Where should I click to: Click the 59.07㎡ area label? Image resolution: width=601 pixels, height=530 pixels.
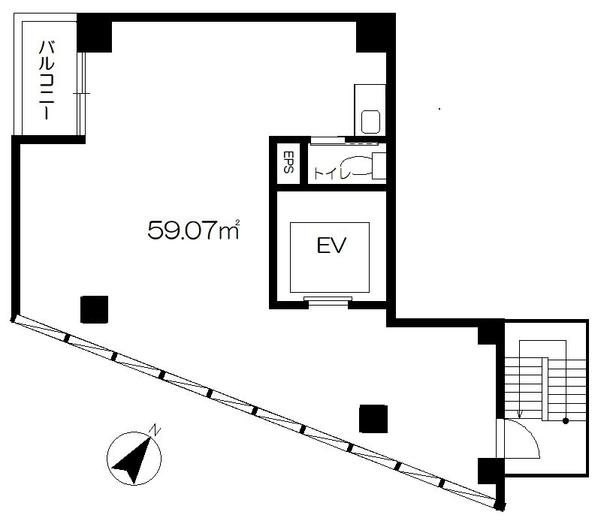coord(194,230)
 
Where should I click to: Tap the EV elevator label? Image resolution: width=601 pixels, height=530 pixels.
coord(331,245)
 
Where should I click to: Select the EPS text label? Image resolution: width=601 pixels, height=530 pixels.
coord(288,161)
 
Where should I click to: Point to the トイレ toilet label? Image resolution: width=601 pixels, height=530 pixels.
coord(332,173)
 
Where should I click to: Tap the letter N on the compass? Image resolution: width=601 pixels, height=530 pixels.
coord(155,429)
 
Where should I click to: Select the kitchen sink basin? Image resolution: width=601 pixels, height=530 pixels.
coord(371,122)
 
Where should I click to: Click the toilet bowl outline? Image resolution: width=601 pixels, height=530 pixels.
coord(360,165)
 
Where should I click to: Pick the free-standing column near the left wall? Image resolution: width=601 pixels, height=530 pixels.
coord(95,309)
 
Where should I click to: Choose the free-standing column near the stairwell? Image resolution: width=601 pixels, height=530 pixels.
coord(373,419)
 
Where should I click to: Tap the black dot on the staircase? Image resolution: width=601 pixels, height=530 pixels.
coord(566,421)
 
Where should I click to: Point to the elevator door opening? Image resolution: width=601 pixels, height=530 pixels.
coord(328,302)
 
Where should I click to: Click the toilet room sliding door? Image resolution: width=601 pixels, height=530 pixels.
coord(344,142)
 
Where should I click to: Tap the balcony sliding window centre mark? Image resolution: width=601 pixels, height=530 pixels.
coord(82,93)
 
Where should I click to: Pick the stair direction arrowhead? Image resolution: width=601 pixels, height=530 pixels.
coord(520,414)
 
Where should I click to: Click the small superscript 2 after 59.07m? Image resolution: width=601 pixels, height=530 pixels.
coord(237,221)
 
